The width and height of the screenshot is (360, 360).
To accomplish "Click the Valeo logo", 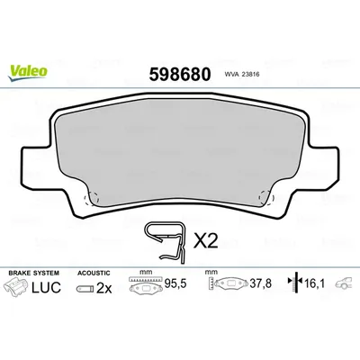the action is click(x=28, y=73).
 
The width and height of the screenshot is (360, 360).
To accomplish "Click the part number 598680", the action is click(x=180, y=75).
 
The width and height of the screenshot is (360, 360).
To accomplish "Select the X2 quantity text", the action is click(x=205, y=241).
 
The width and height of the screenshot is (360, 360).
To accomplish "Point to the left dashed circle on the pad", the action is click(x=92, y=199).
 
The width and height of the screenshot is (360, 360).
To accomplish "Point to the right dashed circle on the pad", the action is click(x=266, y=198).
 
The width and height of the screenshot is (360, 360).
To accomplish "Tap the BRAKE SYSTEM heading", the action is click(x=33, y=273).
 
